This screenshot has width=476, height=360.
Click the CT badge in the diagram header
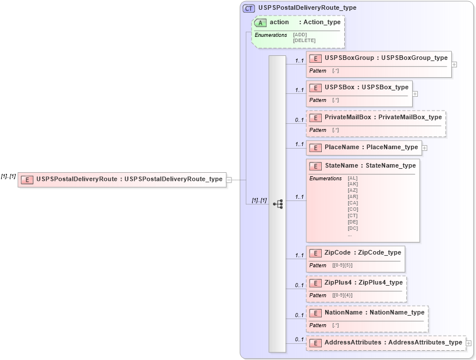[x=249, y=8]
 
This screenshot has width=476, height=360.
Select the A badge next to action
[x=260, y=22]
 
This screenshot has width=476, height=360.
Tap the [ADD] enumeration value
[x=299, y=35]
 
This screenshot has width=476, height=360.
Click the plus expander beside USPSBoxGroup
[x=454, y=65]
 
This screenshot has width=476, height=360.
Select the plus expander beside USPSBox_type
[x=415, y=93]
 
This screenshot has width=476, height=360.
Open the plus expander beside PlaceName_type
[x=424, y=147]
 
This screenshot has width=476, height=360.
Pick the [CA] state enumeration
[x=353, y=203]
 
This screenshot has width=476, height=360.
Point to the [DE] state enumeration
[x=353, y=222]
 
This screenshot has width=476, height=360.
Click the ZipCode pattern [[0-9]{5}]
[x=342, y=266]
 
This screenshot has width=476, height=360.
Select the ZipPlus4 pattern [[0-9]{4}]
[x=342, y=295]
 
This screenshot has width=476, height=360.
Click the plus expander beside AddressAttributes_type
[x=469, y=343]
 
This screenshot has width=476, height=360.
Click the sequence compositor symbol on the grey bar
[x=277, y=204]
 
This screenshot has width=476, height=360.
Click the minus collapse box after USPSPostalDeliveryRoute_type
[x=229, y=179]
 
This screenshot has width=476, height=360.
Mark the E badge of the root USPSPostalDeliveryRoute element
[x=26, y=179]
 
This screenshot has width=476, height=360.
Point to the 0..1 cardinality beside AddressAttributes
[x=299, y=339]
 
